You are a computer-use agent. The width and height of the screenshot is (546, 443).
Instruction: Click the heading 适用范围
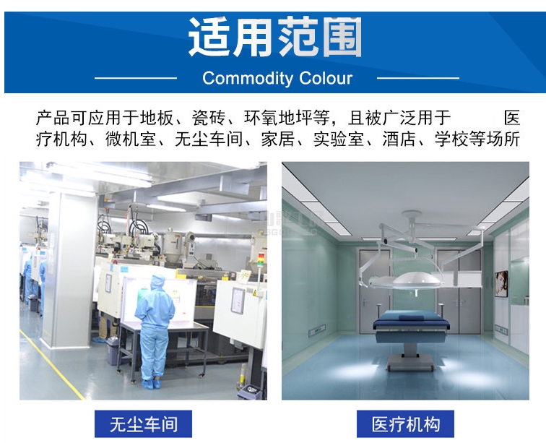coord(275,37)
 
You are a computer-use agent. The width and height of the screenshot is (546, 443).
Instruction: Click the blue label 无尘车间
coord(143,423)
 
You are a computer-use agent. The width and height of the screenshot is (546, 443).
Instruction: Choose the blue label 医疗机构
coord(405,423)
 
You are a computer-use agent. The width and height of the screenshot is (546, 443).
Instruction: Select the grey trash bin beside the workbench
coord(113,350)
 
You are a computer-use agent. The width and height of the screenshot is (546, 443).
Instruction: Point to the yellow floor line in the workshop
coord(52,364)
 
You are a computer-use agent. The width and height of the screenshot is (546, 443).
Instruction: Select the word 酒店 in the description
coord(399,139)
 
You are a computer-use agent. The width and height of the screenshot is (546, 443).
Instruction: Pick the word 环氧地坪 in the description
coord(278,118)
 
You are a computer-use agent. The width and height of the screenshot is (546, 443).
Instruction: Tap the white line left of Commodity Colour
coord(136,78)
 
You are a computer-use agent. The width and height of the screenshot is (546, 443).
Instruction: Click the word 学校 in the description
coord(451,139)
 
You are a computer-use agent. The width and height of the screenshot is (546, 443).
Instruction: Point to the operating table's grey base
coord(410,359)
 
